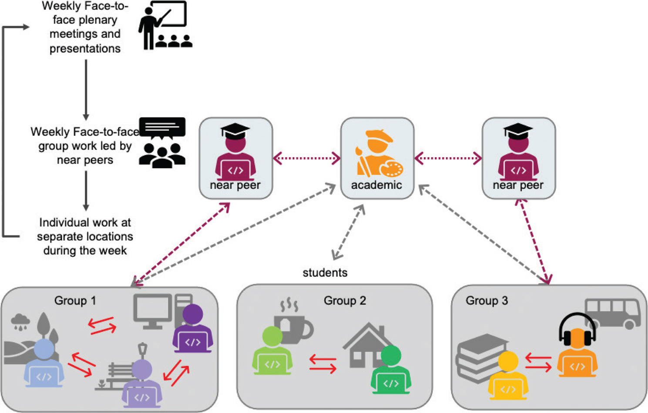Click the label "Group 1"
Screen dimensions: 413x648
coord(75,301)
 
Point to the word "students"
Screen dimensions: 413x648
coord(325,273)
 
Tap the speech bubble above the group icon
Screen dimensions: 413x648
coord(162,128)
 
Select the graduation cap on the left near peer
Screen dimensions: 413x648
coord(235,130)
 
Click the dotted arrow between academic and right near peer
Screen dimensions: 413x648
coord(448,158)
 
